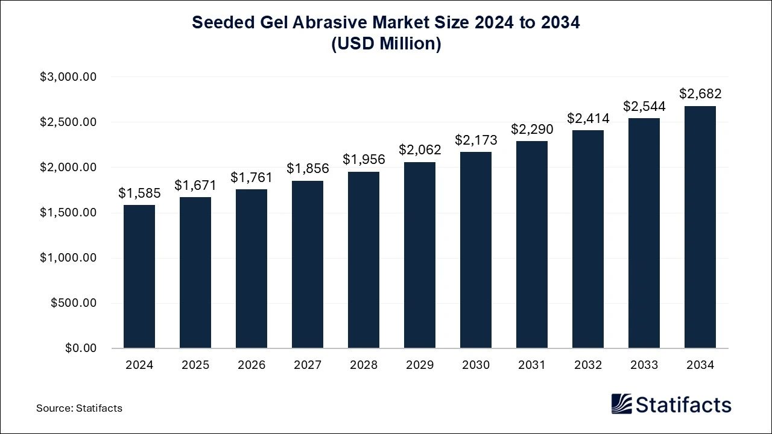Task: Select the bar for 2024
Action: [139, 277]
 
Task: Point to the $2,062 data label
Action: [420, 150]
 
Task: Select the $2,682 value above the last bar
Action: [700, 94]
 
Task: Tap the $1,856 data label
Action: [308, 169]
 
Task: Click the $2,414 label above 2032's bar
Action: [588, 118]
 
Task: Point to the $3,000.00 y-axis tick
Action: [68, 77]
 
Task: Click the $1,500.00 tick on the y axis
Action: [68, 213]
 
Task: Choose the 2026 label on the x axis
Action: [252, 365]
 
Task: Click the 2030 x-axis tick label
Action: [476, 365]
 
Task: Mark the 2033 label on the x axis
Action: [644, 365]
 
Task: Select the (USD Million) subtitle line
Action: [386, 44]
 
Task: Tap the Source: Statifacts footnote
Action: [79, 408]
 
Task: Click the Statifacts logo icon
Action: [621, 404]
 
